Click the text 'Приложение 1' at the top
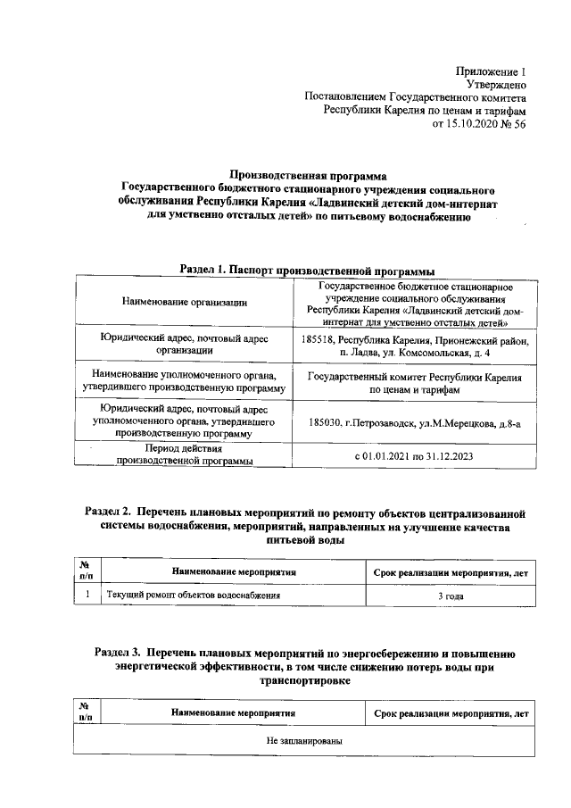(492, 71)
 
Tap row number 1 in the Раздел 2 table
(87, 594)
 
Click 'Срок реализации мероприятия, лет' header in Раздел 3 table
(450, 712)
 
